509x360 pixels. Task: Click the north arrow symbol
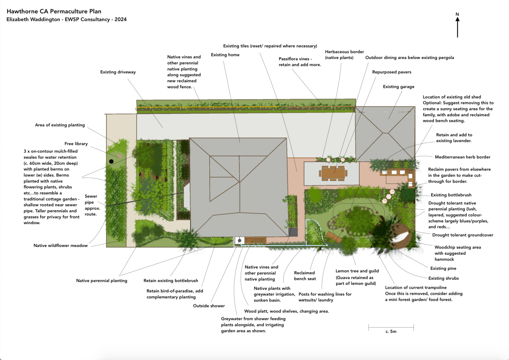click(x=457, y=26)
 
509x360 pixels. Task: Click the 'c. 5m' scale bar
click(x=391, y=327)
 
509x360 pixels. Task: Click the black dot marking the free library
click(x=111, y=161)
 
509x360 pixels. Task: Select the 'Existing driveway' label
click(x=118, y=72)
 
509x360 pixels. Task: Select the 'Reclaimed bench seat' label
click(x=305, y=276)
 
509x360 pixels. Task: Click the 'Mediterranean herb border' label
click(x=463, y=157)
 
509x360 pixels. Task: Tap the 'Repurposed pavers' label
click(x=391, y=72)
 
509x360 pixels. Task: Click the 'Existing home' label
click(x=225, y=55)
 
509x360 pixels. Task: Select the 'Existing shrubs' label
click(x=443, y=278)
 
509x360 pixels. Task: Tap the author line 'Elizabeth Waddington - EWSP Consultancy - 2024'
click(x=66, y=20)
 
